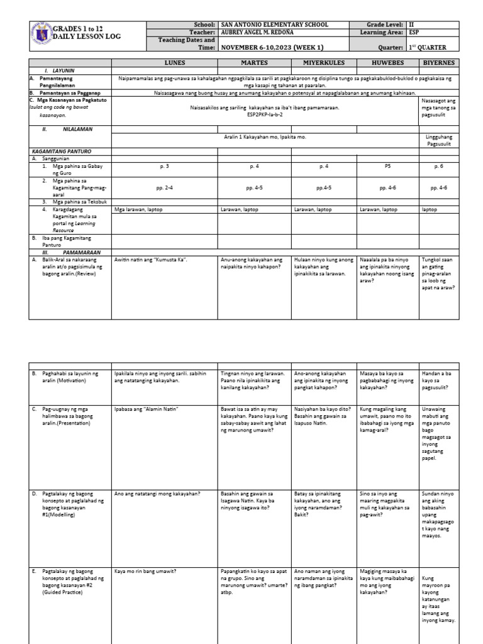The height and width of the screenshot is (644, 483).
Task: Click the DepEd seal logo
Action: coord(41,35)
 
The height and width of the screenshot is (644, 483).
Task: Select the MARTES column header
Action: coord(254,63)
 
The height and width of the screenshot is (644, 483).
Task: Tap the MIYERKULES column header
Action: coord(323,63)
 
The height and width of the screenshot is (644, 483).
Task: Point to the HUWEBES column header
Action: coord(387,63)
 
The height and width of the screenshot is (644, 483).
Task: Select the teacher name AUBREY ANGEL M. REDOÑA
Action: coord(261,32)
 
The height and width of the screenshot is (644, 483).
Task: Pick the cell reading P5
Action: coord(387,167)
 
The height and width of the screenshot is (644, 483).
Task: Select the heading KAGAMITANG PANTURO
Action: coord(60,152)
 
